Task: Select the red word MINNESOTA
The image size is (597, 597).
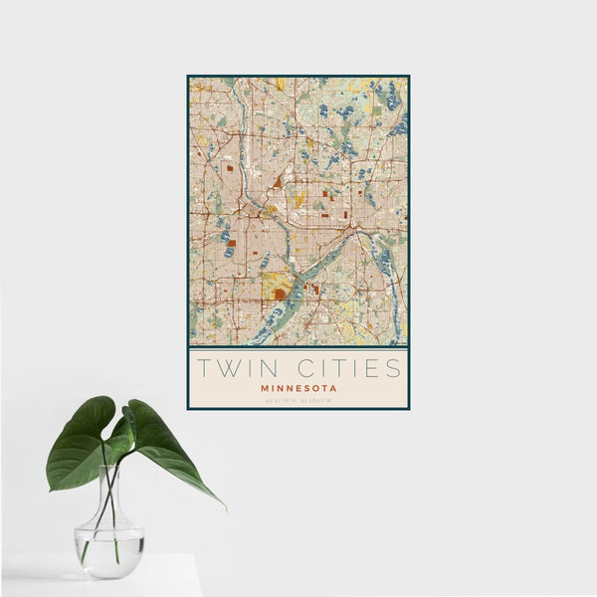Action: (298, 387)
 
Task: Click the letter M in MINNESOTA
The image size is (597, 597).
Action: (264, 387)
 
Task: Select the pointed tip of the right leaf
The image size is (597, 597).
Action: (223, 506)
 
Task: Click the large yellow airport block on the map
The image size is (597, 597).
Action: (278, 287)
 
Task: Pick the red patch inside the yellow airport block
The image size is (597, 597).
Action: (280, 294)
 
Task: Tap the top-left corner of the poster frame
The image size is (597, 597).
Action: (188, 77)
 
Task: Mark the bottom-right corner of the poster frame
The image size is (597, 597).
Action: (408, 408)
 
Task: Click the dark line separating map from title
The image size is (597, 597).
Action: (298, 347)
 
